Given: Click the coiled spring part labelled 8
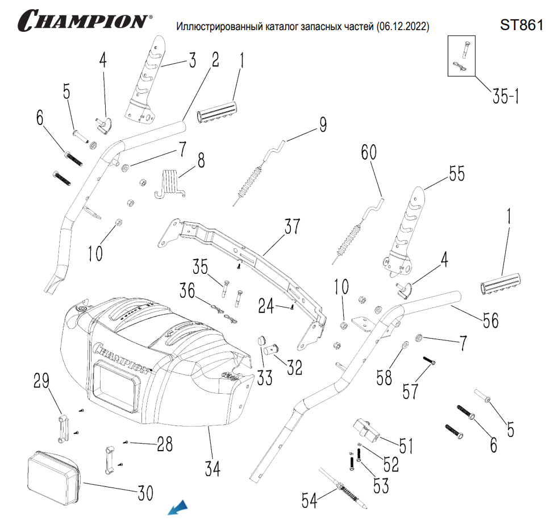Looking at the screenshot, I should pyautogui.click(x=171, y=183).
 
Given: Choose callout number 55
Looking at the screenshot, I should pyautogui.click(x=456, y=173).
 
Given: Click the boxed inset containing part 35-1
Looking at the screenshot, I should pyautogui.click(x=460, y=56).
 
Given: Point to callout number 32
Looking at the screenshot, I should pyautogui.click(x=294, y=368).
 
